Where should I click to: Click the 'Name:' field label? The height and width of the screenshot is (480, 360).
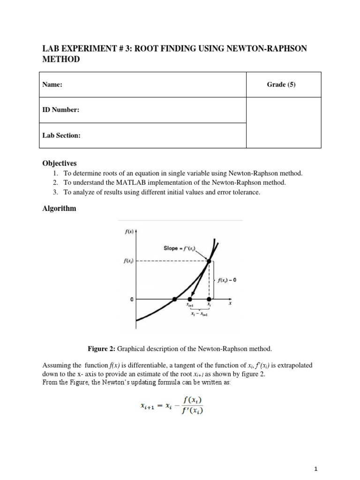point(52,84)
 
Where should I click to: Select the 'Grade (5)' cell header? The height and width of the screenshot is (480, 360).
point(281,84)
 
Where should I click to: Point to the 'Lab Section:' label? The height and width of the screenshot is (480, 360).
point(61,135)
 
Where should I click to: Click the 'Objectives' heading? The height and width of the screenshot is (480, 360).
point(60,163)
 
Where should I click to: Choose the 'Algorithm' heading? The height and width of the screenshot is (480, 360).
point(59,209)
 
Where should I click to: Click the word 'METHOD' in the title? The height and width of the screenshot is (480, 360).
point(61,60)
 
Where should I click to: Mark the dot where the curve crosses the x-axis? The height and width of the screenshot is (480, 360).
point(174,299)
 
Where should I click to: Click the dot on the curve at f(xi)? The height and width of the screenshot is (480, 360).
point(209,262)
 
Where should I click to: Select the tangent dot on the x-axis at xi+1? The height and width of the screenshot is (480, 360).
point(190,299)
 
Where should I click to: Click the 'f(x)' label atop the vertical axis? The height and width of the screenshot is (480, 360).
point(128,231)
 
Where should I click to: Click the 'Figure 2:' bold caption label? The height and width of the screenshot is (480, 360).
point(102,349)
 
